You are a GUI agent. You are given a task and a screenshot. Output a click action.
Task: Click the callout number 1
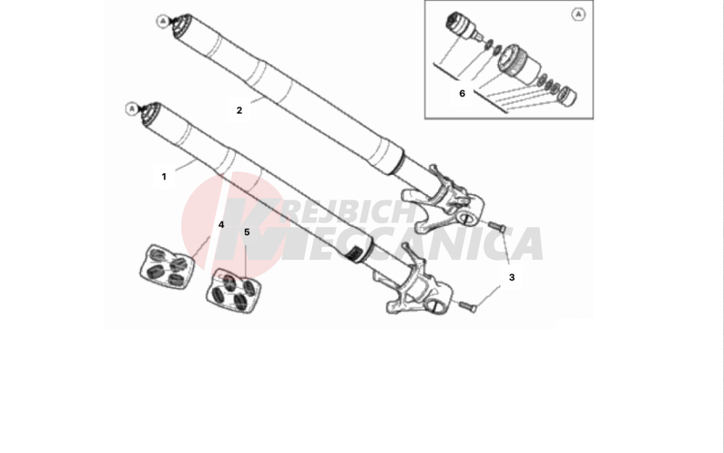pyautogui.click(x=164, y=177)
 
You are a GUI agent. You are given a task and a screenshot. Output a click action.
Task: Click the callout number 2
pyautogui.click(x=239, y=111)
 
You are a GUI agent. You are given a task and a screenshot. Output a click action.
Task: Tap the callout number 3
pyautogui.click(x=512, y=277)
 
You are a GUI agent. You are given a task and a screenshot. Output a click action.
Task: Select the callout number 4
pyautogui.click(x=221, y=224)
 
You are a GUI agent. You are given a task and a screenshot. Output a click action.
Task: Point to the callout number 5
pyautogui.click(x=247, y=232)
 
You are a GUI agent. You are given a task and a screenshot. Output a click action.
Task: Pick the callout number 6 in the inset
pyautogui.click(x=462, y=93)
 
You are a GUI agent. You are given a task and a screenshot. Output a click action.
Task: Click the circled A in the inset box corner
pyautogui.click(x=578, y=14)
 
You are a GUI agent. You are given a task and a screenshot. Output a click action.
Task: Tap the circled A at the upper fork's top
pyautogui.click(x=162, y=21)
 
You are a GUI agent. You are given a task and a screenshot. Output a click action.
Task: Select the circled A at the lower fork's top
pyautogui.click(x=132, y=109)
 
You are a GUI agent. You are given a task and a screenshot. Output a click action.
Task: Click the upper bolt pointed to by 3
pyautogui.click(x=497, y=226)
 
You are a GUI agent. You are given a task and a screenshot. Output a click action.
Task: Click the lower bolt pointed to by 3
pyautogui.click(x=467, y=306)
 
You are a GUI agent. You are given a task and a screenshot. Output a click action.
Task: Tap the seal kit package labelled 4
pyautogui.click(x=167, y=267)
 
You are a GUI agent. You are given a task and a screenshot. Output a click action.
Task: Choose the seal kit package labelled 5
pyautogui.click(x=234, y=291)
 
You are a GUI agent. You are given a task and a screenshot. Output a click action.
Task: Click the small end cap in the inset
pyautogui.click(x=568, y=96)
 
